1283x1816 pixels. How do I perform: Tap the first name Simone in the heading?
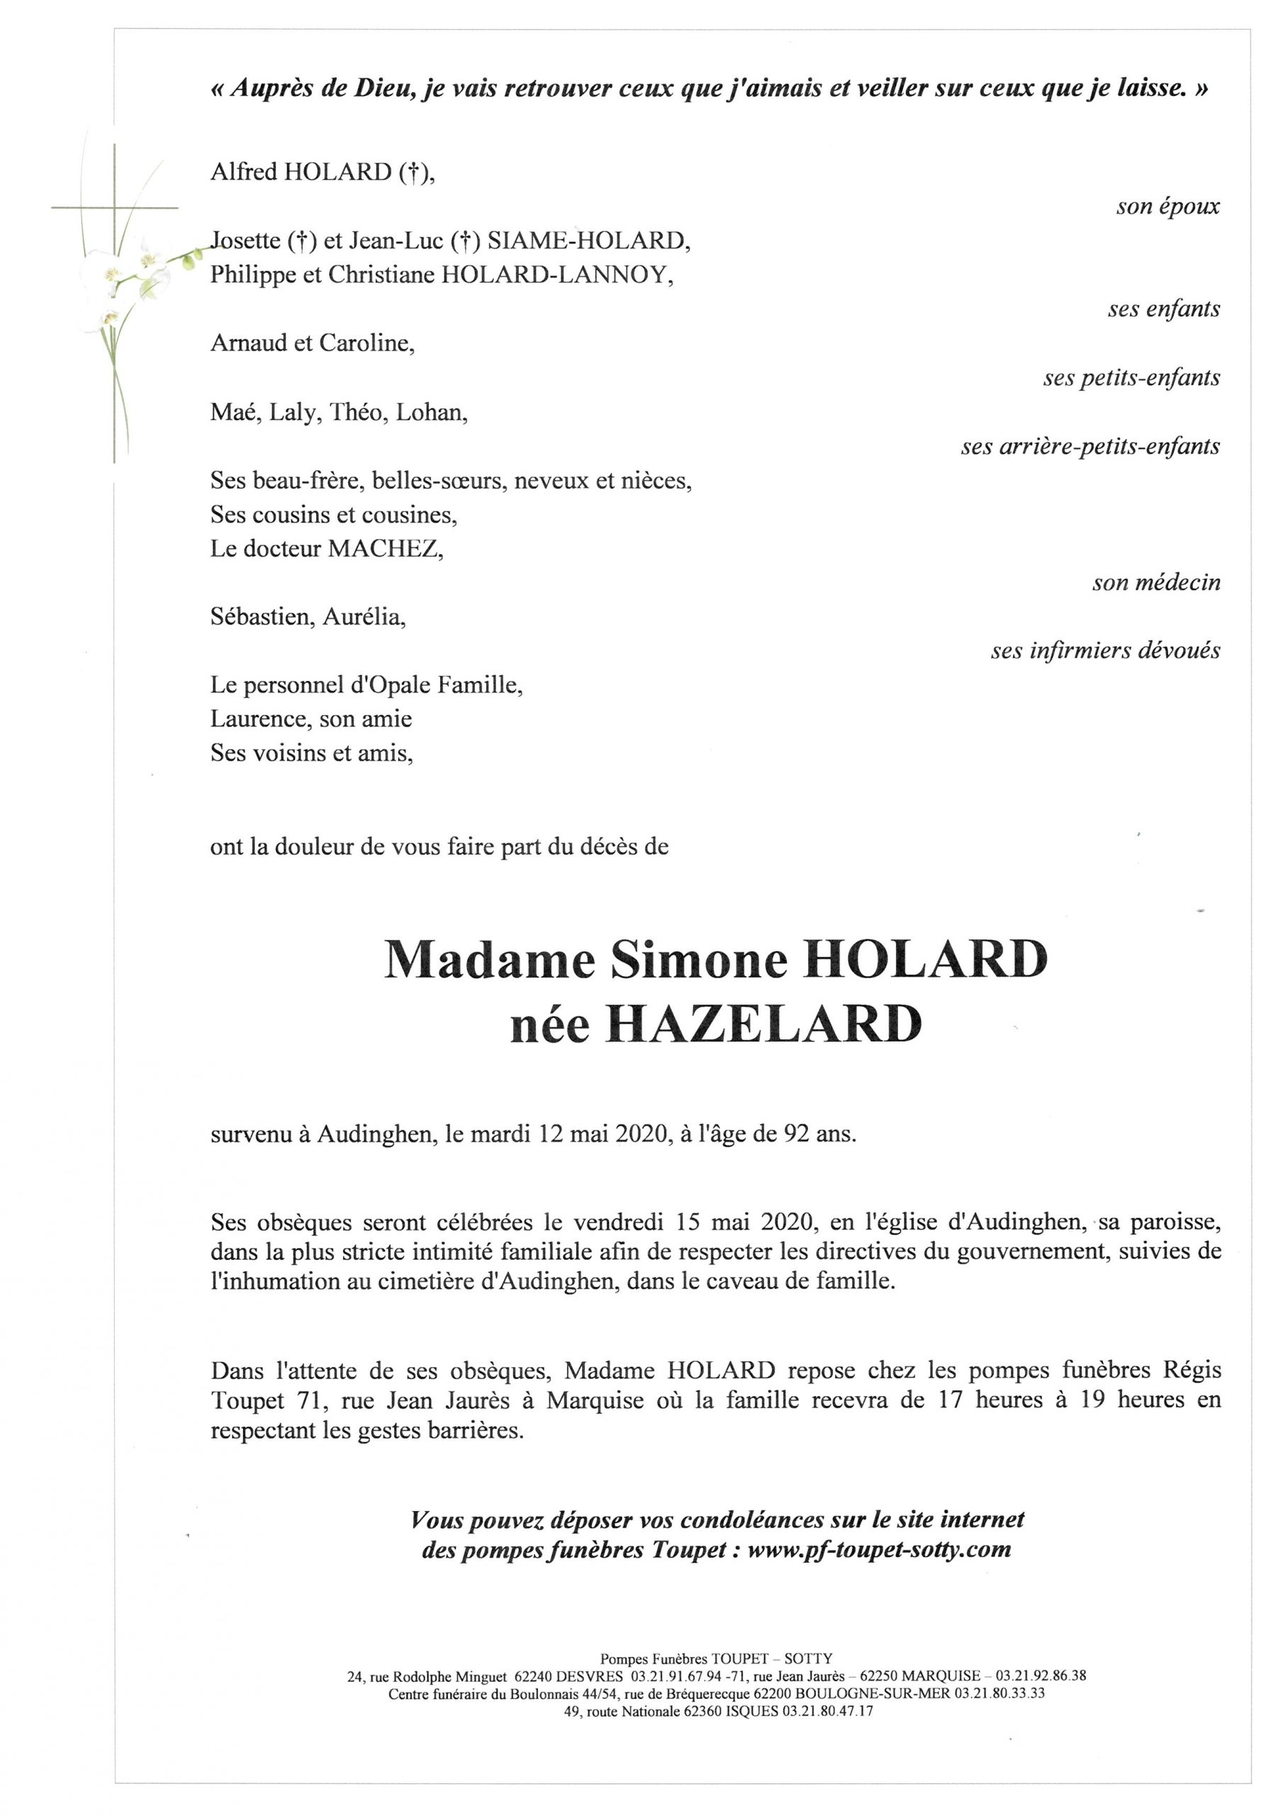tap(699, 962)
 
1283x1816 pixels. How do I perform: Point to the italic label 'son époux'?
tap(1167, 207)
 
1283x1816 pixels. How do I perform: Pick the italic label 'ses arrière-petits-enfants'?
tap(1090, 447)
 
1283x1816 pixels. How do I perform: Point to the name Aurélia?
tap(364, 617)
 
